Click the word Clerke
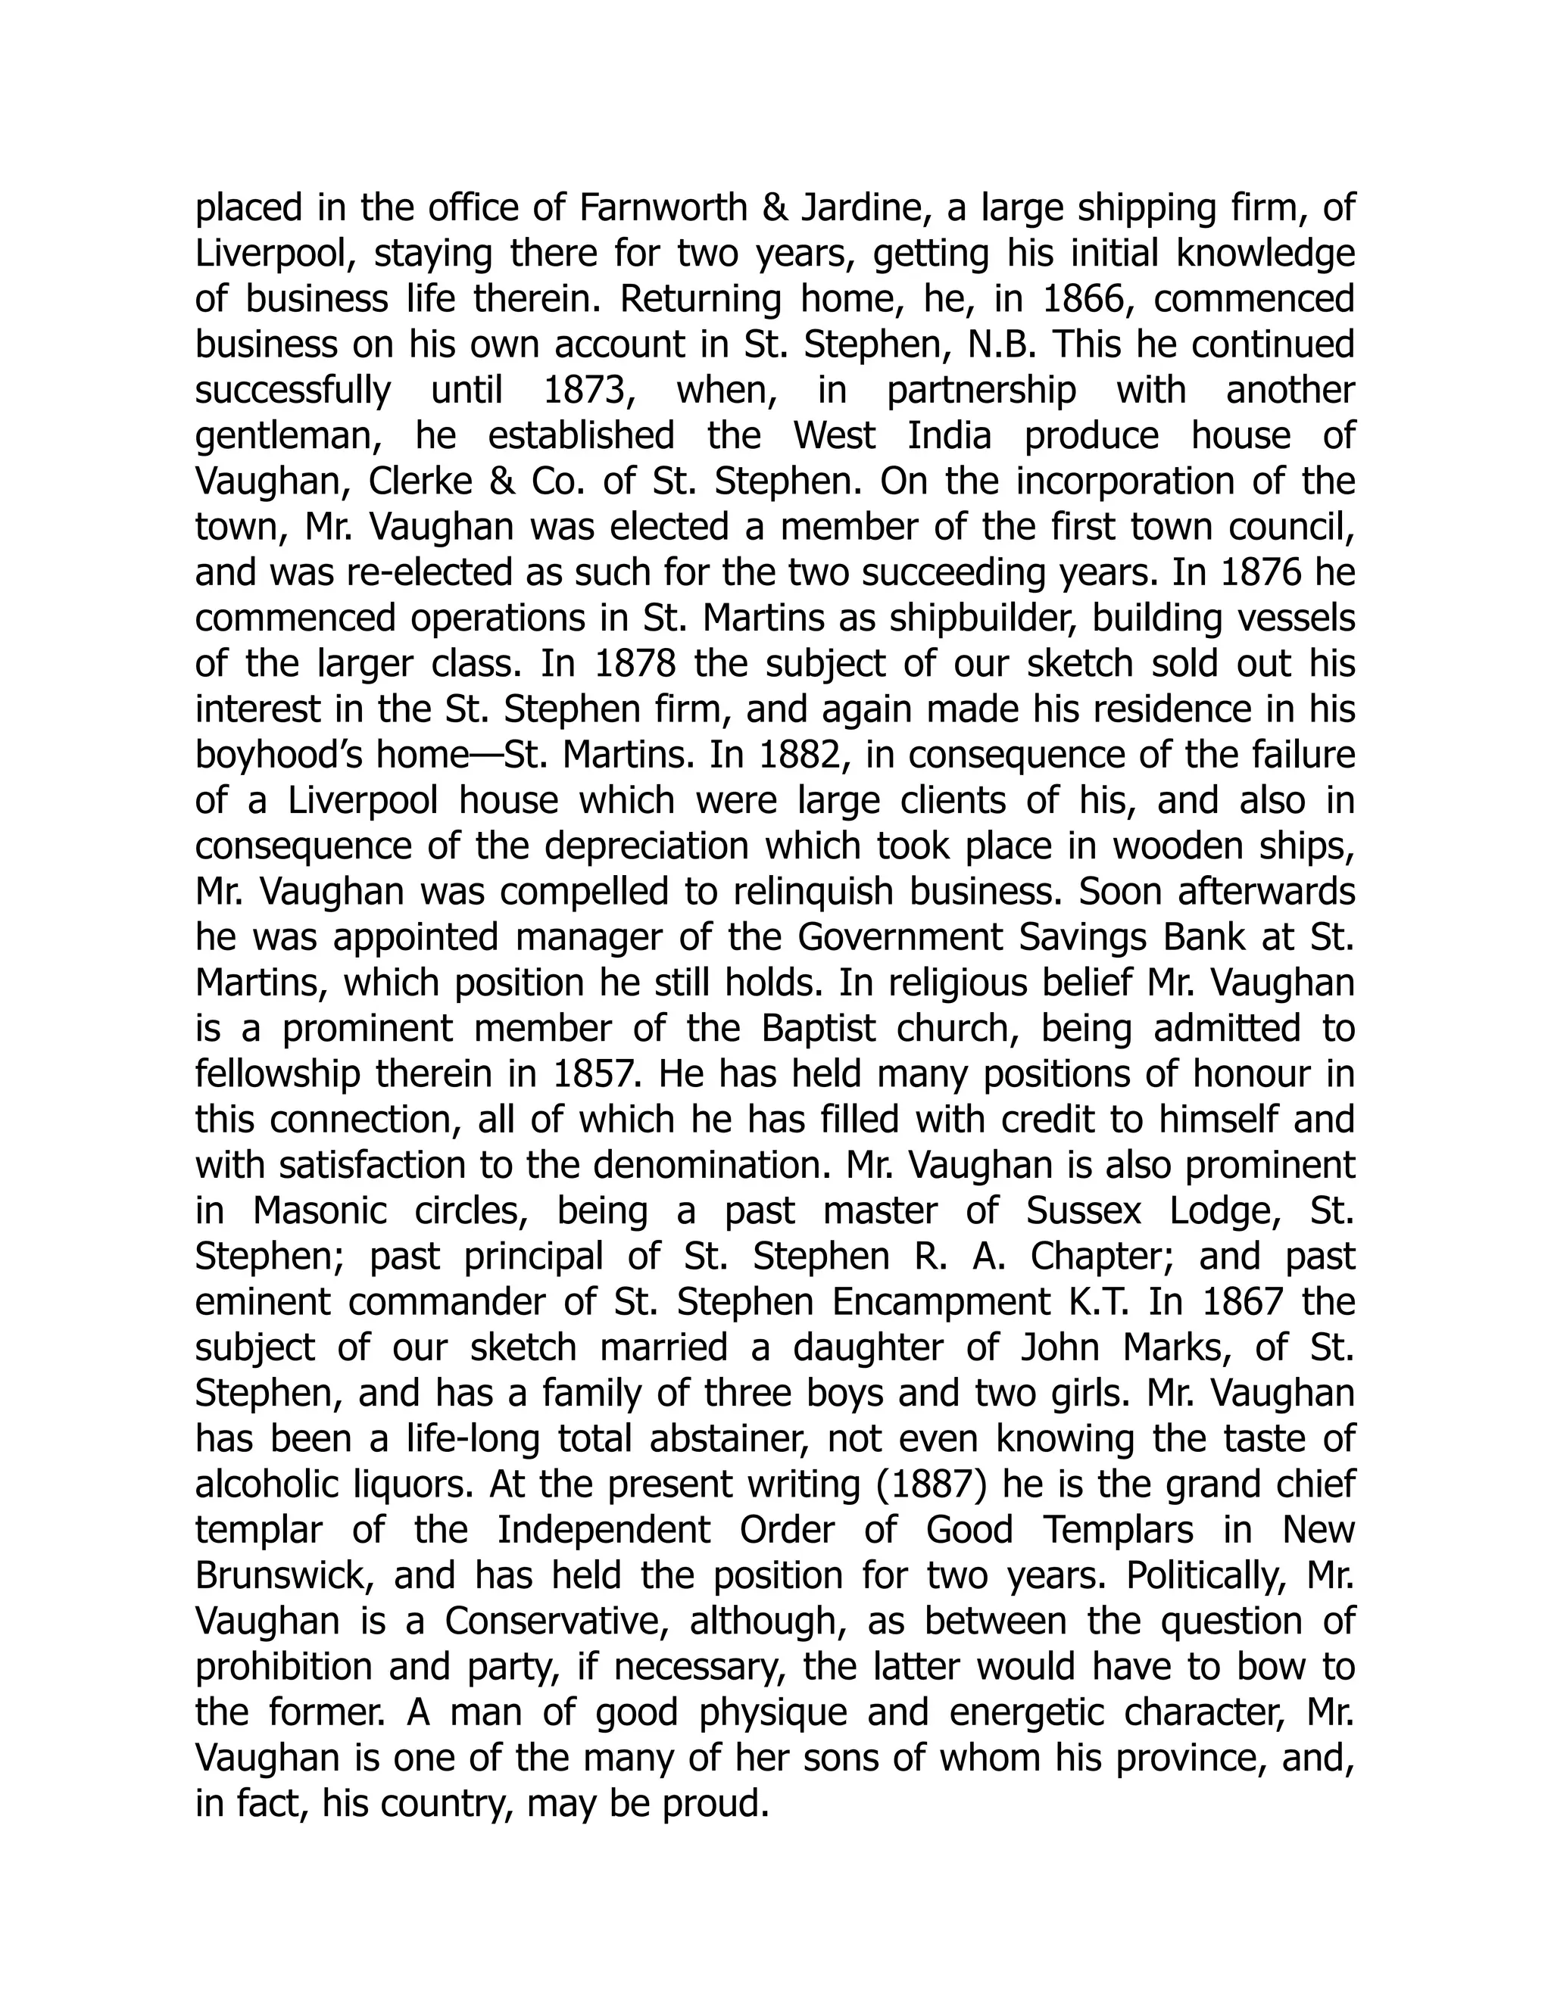tap(429, 481)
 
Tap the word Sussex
tap(1083, 1210)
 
